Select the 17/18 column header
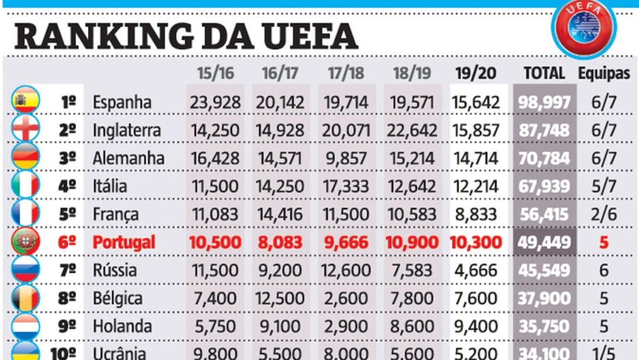tap(347, 73)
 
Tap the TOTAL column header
tap(544, 73)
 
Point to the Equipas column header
tap(604, 73)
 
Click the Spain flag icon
tap(26, 101)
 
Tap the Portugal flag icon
tap(26, 242)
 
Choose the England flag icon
tap(26, 129)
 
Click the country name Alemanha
tap(128, 158)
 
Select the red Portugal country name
tap(124, 242)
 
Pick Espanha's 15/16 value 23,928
tap(215, 102)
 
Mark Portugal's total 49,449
tap(544, 243)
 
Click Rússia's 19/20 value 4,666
tap(476, 271)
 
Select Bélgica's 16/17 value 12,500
tap(281, 298)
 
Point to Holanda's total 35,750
tap(544, 326)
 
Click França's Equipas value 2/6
tap(604, 215)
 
